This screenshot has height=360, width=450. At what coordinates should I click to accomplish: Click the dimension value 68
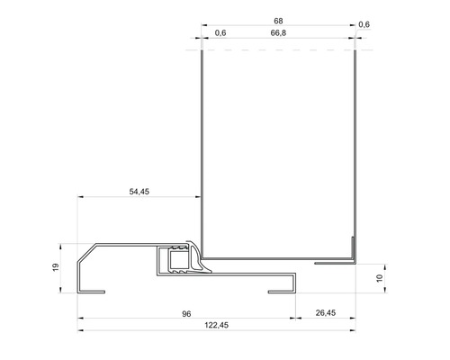click(x=278, y=20)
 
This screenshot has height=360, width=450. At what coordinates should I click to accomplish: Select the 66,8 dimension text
click(x=278, y=34)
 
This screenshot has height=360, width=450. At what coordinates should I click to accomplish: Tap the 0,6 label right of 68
click(x=364, y=24)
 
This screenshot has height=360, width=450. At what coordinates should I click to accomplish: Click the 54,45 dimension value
click(x=139, y=192)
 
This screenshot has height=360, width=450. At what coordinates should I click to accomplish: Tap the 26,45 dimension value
click(x=325, y=313)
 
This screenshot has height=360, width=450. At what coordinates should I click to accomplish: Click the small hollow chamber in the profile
click(x=171, y=261)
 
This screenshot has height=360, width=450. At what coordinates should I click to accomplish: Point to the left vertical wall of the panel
click(x=201, y=144)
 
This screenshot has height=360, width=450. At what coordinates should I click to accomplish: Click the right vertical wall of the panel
click(x=355, y=144)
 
